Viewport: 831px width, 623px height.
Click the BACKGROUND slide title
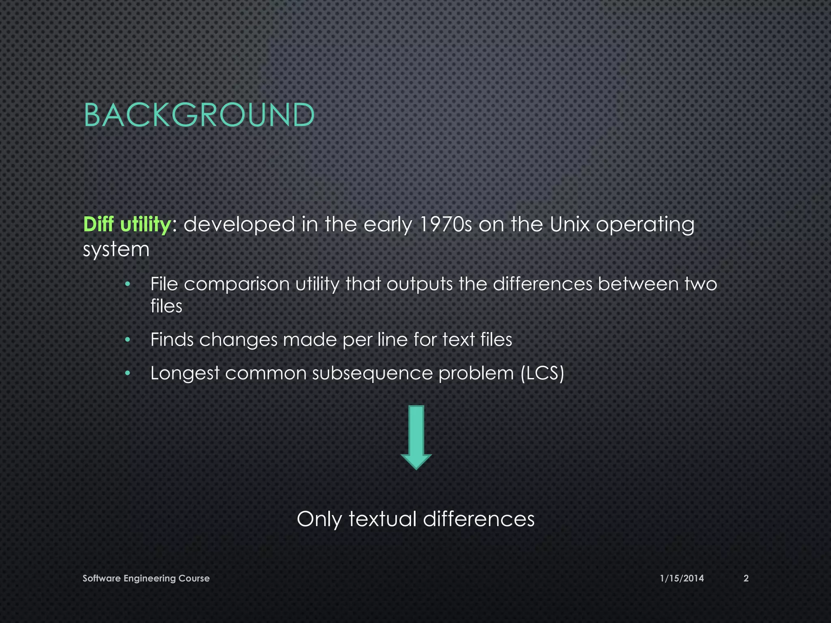(x=199, y=115)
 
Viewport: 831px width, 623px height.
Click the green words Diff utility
(x=127, y=224)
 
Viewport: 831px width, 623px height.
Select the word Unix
(x=569, y=224)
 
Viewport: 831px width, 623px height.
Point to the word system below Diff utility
(x=116, y=250)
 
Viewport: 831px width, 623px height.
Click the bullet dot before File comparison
(x=127, y=284)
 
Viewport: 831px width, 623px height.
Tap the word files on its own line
(x=166, y=306)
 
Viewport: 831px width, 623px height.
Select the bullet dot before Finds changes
(x=127, y=340)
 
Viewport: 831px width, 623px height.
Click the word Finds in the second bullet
(x=172, y=339)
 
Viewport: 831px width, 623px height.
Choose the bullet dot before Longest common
(x=127, y=373)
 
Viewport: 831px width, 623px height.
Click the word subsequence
(x=372, y=374)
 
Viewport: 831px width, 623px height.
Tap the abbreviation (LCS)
(x=542, y=373)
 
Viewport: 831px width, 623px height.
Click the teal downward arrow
(x=416, y=437)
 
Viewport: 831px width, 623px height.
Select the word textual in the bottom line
(x=383, y=519)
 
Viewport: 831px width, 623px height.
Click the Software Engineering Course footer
(x=146, y=578)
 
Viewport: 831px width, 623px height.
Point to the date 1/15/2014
(x=682, y=578)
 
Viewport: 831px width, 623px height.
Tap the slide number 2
(x=746, y=578)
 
